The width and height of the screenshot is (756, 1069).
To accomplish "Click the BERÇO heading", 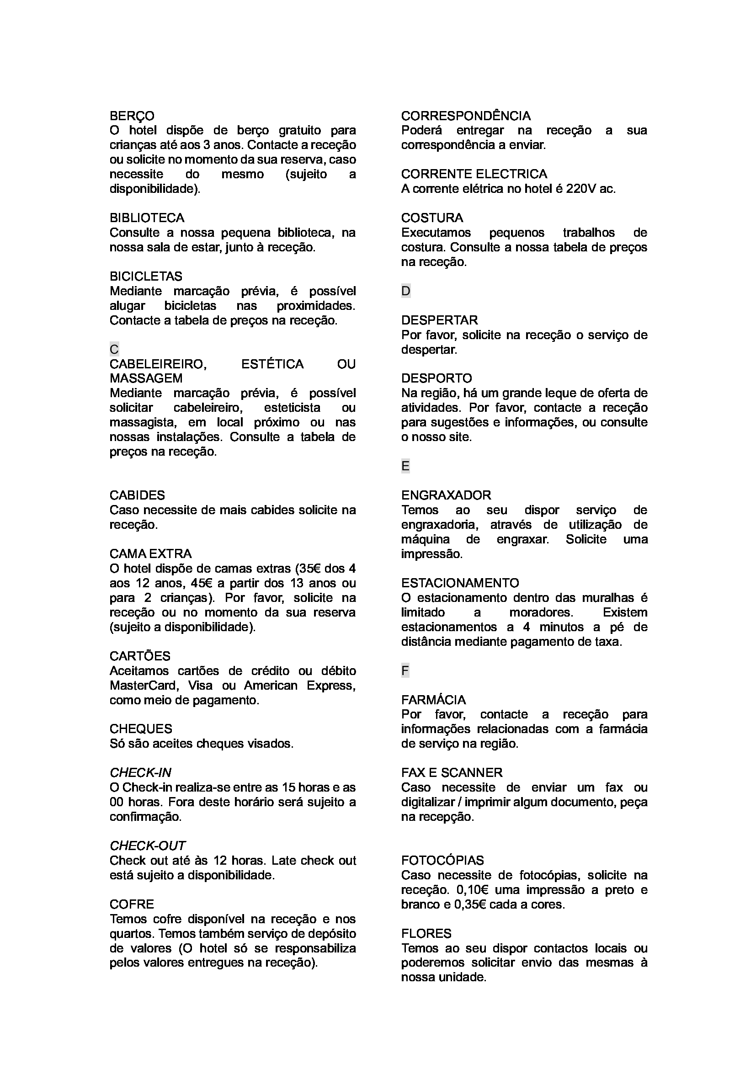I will pos(132,116).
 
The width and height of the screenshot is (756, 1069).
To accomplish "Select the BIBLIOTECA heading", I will pos(147,218).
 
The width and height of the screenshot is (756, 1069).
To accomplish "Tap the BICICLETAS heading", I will pos(146,277).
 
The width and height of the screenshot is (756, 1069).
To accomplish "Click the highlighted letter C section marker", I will pos(114,349).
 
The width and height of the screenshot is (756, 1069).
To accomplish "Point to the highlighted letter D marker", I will pos(406,292).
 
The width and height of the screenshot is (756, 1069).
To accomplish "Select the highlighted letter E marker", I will pos(405,467).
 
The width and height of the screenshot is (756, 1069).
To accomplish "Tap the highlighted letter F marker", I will pos(405,671).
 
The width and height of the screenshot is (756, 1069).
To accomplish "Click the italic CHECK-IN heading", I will pos(141,773).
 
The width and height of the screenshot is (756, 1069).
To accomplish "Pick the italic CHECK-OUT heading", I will pos(148,846).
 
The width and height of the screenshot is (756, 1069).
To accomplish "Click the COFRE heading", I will pos(132,904).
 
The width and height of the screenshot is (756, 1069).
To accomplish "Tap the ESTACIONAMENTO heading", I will pos(460,583).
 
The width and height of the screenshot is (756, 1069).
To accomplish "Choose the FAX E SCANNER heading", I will pos(452,773).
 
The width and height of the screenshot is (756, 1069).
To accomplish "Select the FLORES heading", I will pos(426,934).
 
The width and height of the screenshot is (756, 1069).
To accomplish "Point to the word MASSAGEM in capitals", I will pos(146,378).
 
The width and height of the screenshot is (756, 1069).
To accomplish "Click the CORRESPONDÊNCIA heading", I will pos(466,116).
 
